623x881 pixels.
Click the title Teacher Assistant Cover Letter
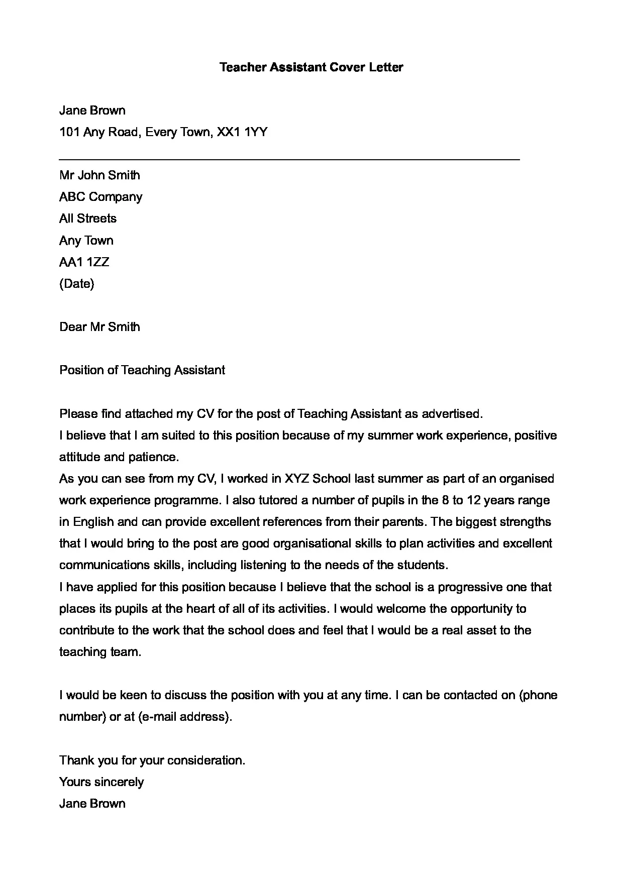(311, 67)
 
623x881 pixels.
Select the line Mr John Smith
(99, 175)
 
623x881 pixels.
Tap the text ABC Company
(100, 197)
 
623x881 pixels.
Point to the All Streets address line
(88, 218)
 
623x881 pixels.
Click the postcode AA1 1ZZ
(84, 262)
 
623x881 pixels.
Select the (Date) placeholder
(76, 284)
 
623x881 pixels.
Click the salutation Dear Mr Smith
(99, 327)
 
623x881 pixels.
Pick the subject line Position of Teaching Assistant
(142, 370)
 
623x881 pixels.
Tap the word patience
(154, 457)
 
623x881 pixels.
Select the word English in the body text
(93, 522)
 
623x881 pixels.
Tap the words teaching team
(100, 652)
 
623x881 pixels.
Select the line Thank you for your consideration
(152, 760)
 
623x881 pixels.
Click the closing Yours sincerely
(101, 782)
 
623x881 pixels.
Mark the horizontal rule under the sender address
(289, 160)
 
